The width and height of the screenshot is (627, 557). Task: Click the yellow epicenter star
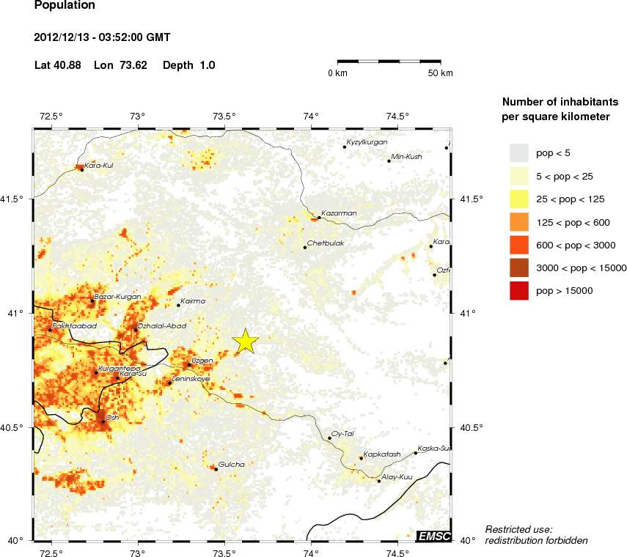click(x=246, y=341)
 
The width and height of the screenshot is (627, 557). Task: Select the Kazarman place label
click(x=339, y=213)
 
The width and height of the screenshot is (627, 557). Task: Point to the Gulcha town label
click(x=232, y=464)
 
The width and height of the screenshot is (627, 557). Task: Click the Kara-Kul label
click(x=98, y=165)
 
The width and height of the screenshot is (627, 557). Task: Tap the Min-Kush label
click(x=408, y=156)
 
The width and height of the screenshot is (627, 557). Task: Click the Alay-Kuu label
click(x=398, y=476)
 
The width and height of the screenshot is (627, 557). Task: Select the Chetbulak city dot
click(x=305, y=248)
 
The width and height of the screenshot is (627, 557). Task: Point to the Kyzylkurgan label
click(x=367, y=142)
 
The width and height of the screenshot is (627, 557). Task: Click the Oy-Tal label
click(x=343, y=433)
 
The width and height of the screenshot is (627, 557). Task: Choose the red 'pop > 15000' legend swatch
click(x=519, y=291)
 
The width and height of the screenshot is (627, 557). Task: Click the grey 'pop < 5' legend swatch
click(x=519, y=152)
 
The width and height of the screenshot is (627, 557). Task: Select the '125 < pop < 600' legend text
click(x=575, y=222)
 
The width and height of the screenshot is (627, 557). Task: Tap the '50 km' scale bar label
click(x=441, y=73)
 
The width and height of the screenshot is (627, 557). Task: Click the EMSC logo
click(x=433, y=536)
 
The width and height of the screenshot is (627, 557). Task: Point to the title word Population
click(x=65, y=6)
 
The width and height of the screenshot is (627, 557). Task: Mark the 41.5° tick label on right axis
click(x=470, y=199)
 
